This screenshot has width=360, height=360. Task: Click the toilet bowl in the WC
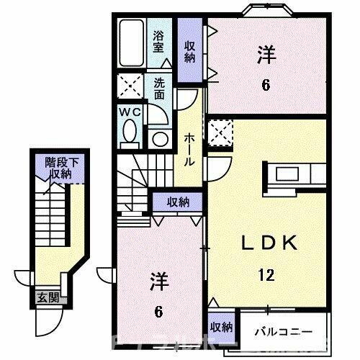pyautogui.click(x=130, y=132)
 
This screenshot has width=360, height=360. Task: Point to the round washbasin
pyautogui.click(x=159, y=138)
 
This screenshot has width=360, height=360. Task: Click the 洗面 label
pyautogui.click(x=158, y=89)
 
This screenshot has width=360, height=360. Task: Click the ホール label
pyautogui.click(x=190, y=148)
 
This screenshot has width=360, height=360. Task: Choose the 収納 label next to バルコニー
pyautogui.click(x=220, y=326)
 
